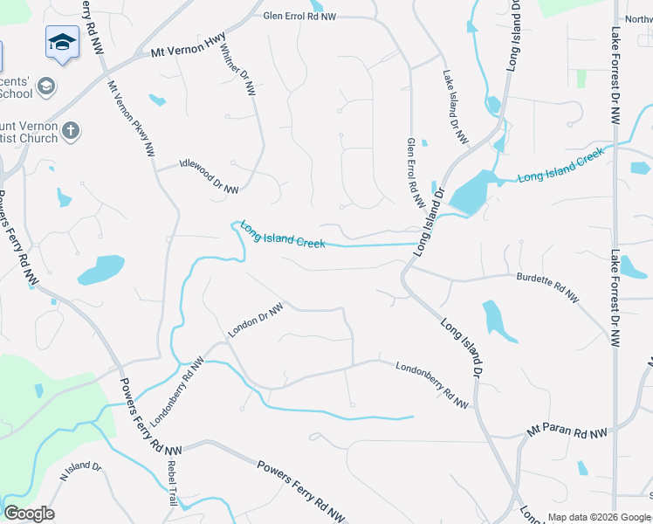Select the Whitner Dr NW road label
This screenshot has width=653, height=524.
pos(238,70)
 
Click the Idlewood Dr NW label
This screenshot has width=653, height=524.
pos(209,176)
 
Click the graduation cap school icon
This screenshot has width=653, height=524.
pos(62,43)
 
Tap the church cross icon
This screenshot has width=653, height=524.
pos(72,131)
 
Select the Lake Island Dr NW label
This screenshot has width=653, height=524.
pos(455,107)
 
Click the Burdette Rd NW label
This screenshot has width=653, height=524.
pos(546,287)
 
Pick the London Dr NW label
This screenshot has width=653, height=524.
pos(256,321)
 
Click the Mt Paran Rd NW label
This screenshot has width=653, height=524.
pos(567,432)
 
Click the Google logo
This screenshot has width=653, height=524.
pos(29,514)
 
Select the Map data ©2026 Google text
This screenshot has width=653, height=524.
pos(599,517)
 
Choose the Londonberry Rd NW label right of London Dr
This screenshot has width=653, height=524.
pos(431,385)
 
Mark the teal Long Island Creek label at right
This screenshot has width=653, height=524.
pos(560,165)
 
